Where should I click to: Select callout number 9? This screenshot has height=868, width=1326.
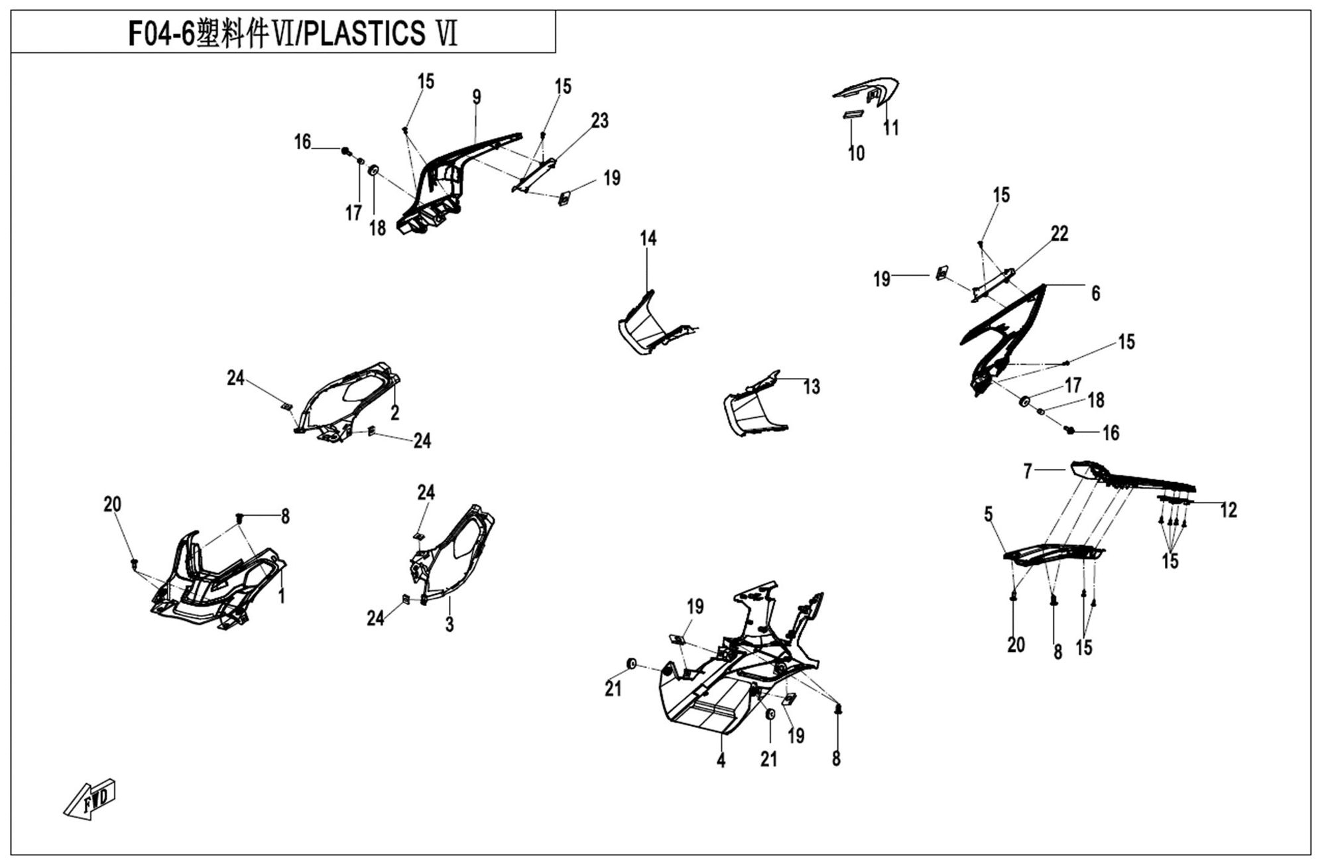[477, 97]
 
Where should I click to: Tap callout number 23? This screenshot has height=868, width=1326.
[599, 121]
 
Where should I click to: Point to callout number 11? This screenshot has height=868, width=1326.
[891, 127]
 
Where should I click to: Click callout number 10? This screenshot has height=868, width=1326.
[856, 153]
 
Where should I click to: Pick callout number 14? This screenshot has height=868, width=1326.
[648, 238]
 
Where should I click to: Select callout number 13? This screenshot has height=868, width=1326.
[812, 387]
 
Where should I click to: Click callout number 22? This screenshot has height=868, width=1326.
[1059, 233]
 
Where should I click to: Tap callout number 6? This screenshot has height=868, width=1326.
[1095, 293]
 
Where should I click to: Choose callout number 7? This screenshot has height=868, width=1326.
[1028, 471]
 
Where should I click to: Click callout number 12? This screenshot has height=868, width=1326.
[1228, 510]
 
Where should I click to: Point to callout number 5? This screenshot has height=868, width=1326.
[989, 514]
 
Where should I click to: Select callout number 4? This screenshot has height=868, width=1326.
[721, 761]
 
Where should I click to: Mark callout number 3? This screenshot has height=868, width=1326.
[450, 624]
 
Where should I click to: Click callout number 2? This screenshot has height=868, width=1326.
[395, 413]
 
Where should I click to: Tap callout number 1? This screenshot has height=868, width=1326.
[282, 595]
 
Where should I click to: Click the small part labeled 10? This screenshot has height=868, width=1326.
[852, 115]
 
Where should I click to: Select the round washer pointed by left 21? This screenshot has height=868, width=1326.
[631, 663]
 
